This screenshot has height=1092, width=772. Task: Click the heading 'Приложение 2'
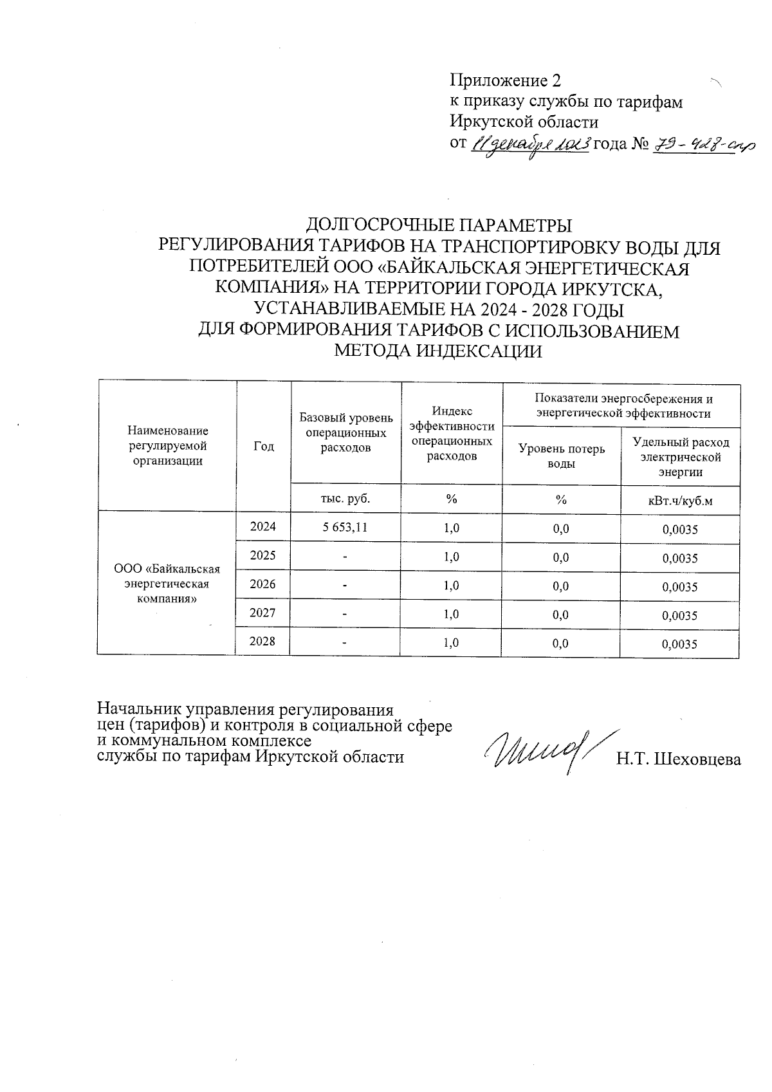tap(505, 80)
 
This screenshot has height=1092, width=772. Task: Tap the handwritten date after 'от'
tap(531, 145)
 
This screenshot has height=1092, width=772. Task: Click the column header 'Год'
tap(264, 446)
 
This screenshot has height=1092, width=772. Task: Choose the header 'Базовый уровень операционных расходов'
tap(346, 432)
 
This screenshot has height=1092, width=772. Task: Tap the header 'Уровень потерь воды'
tap(562, 456)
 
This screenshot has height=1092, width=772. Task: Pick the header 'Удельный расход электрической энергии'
tap(681, 457)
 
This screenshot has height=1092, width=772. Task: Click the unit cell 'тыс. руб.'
tap(346, 498)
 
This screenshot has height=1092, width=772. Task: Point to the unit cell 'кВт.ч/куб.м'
tap(681, 500)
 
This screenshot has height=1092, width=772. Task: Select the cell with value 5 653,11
tap(346, 527)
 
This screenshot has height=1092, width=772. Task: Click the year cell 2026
tap(263, 584)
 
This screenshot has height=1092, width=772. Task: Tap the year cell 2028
tap(263, 642)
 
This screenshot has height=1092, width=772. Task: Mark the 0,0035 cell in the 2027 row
tap(680, 615)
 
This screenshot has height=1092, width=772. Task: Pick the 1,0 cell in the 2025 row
tap(451, 557)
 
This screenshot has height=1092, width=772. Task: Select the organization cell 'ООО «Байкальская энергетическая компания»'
tap(167, 584)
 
